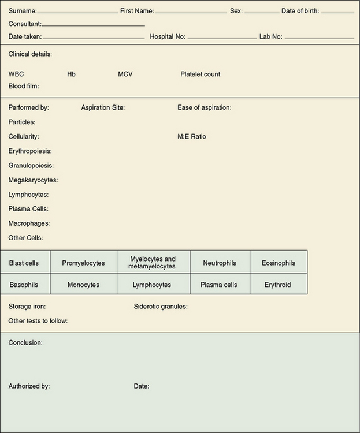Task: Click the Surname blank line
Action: click(78, 12)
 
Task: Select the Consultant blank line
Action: click(93, 25)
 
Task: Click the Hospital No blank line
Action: click(222, 38)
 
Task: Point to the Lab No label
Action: click(270, 36)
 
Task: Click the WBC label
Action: click(16, 74)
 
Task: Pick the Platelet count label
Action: click(200, 74)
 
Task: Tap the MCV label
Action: click(125, 74)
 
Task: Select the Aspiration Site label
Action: click(103, 107)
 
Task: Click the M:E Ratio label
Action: click(192, 137)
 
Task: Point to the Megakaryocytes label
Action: click(33, 180)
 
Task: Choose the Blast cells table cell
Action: click(24, 263)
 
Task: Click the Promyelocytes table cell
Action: click(83, 263)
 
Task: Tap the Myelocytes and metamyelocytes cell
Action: click(153, 263)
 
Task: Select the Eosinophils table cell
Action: click(278, 263)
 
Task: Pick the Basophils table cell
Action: click(24, 285)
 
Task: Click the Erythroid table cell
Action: click(278, 285)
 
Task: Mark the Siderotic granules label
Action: click(161, 307)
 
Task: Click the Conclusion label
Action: click(25, 342)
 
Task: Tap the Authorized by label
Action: click(29, 386)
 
